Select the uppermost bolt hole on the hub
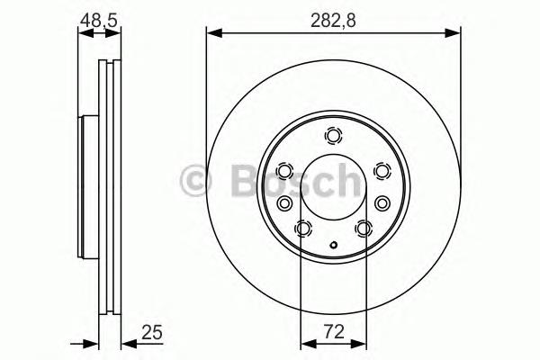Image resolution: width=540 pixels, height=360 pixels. [334, 137]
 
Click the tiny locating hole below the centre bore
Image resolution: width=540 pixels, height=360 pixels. [334, 244]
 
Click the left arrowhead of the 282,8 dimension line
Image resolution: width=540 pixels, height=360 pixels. [213, 34]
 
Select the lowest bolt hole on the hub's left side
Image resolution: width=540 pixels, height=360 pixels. [303, 229]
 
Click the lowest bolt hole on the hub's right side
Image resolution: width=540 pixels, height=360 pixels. [364, 229]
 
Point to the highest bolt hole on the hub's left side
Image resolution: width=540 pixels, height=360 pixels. [285, 171]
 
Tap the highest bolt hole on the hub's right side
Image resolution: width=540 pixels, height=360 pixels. [382, 171]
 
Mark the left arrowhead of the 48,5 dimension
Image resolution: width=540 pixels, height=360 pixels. [84, 34]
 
